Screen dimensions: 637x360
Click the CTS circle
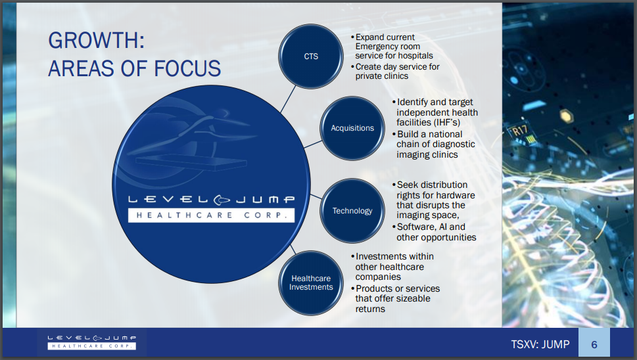click(x=311, y=56)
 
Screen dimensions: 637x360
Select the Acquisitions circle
click(x=352, y=128)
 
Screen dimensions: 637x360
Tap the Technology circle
click(x=352, y=211)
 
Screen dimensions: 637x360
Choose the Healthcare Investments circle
click(x=311, y=283)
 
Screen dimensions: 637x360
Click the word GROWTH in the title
click(x=96, y=41)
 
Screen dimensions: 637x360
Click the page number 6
click(x=594, y=345)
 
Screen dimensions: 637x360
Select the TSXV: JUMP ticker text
click(x=540, y=345)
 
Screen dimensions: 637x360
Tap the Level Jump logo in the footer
click(x=92, y=342)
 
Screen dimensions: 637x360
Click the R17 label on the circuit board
click(x=519, y=131)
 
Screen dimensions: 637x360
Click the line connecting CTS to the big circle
click(x=288, y=99)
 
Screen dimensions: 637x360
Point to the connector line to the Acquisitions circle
click(x=313, y=144)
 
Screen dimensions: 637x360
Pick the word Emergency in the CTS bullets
click(x=388, y=46)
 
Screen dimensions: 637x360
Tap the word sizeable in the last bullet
click(x=410, y=299)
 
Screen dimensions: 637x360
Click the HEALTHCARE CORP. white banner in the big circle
click(x=211, y=215)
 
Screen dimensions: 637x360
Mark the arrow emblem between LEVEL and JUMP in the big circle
click(x=222, y=200)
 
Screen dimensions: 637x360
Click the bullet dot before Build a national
click(x=394, y=134)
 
